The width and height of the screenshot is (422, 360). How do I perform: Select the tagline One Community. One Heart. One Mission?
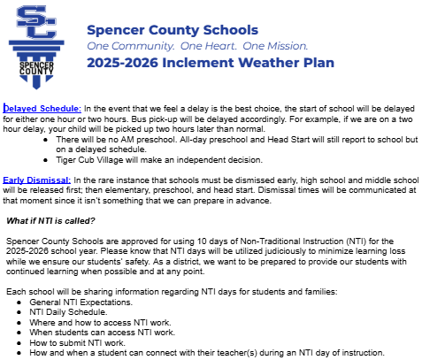coord(197,45)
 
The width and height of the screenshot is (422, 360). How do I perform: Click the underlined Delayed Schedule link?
coord(35,108)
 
